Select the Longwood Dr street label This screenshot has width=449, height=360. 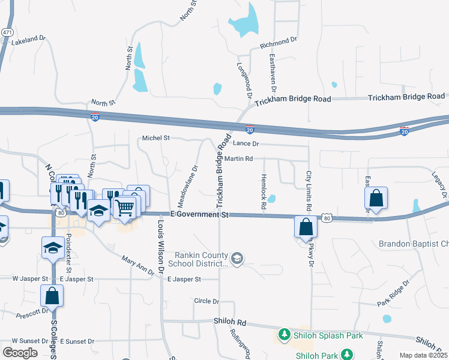tap(244, 80)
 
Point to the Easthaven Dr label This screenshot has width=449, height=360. tap(272, 77)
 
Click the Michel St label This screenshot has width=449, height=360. tap(155, 138)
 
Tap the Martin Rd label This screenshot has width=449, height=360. tap(239, 158)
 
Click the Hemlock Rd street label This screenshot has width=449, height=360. tap(264, 192)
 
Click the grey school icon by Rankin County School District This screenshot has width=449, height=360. tap(237, 258)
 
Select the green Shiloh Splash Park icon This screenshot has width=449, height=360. tap(285, 335)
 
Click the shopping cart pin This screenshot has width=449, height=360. tap(124, 208)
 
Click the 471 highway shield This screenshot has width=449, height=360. tap(7, 31)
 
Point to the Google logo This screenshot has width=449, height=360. tap(20, 352)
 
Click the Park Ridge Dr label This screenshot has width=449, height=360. tap(393, 293)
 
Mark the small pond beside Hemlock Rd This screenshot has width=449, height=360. tap(272, 198)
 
